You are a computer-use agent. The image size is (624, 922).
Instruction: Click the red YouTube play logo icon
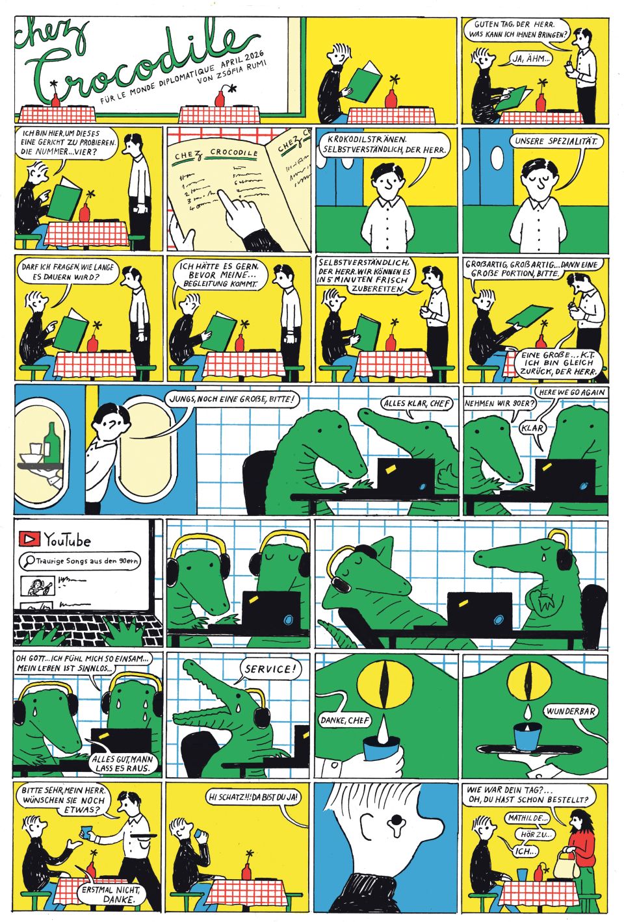(x=29, y=538)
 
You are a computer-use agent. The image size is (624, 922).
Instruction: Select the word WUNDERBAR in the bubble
(x=569, y=711)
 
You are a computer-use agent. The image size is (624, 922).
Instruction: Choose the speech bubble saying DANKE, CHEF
(x=345, y=720)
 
